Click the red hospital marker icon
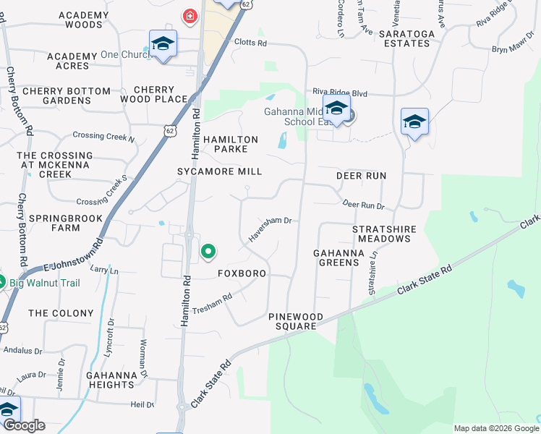(190, 16)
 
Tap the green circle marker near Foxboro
(208, 252)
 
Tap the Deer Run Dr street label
(363, 205)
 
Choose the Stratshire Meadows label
(384, 234)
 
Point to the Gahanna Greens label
(336, 258)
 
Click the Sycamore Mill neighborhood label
(220, 171)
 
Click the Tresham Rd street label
(212, 303)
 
